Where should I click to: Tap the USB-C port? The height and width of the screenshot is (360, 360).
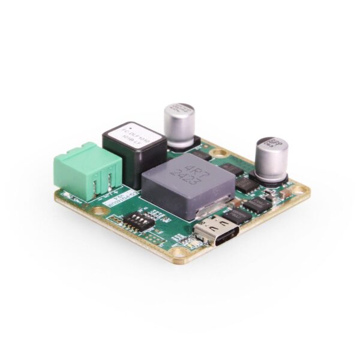[217, 231]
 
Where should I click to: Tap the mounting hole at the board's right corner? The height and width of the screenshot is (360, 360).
[304, 191]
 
